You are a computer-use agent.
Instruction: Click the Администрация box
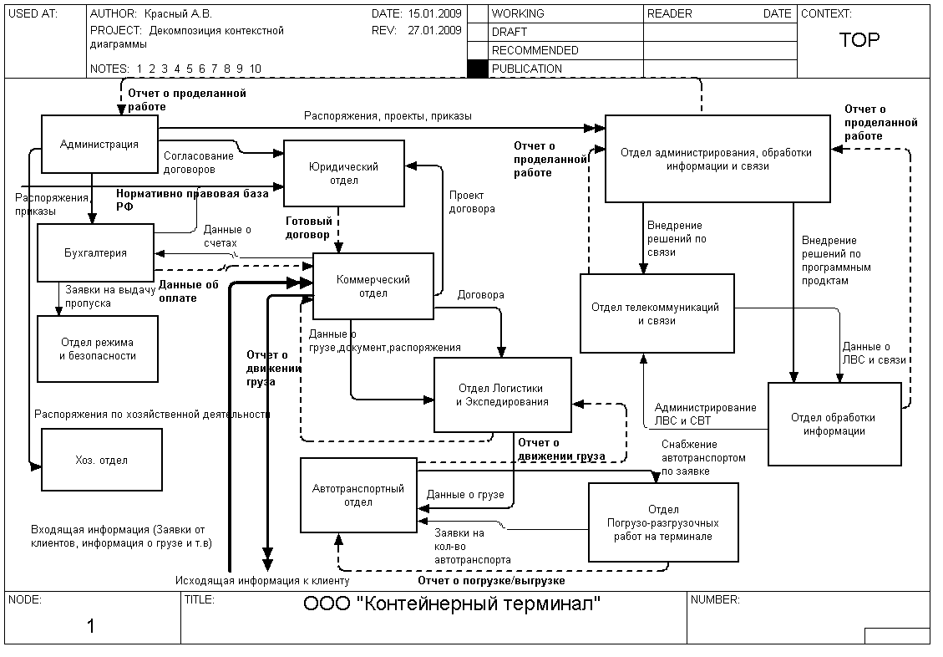pyautogui.click(x=99, y=144)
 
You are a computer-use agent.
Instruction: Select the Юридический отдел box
pyautogui.click(x=343, y=173)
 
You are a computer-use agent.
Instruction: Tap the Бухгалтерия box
pyautogui.click(x=95, y=252)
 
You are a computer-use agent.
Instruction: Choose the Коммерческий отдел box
pyautogui.click(x=373, y=286)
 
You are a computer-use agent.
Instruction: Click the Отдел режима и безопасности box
pyautogui.click(x=97, y=349)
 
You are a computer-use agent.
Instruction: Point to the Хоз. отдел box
pyautogui.click(x=101, y=460)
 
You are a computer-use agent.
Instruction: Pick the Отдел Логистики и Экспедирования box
pyautogui.click(x=502, y=395)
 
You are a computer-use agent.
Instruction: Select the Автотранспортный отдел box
pyautogui.click(x=357, y=495)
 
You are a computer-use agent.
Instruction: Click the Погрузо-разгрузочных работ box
pyautogui.click(x=663, y=522)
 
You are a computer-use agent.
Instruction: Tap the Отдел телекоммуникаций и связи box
pyautogui.click(x=657, y=313)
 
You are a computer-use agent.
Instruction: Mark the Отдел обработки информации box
pyautogui.click(x=834, y=424)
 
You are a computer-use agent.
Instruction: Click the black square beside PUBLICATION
pyautogui.click(x=477, y=69)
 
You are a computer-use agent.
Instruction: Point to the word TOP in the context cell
pyautogui.click(x=859, y=40)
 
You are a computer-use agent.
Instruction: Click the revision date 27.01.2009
pyautogui.click(x=435, y=31)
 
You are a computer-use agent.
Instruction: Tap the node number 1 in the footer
pyautogui.click(x=91, y=626)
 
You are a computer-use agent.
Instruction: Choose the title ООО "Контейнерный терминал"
pyautogui.click(x=452, y=604)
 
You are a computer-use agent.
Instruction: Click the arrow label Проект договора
pyautogui.click(x=472, y=201)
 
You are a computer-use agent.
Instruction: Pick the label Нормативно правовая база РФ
pyautogui.click(x=192, y=199)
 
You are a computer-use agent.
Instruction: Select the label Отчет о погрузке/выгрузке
pyautogui.click(x=491, y=580)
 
